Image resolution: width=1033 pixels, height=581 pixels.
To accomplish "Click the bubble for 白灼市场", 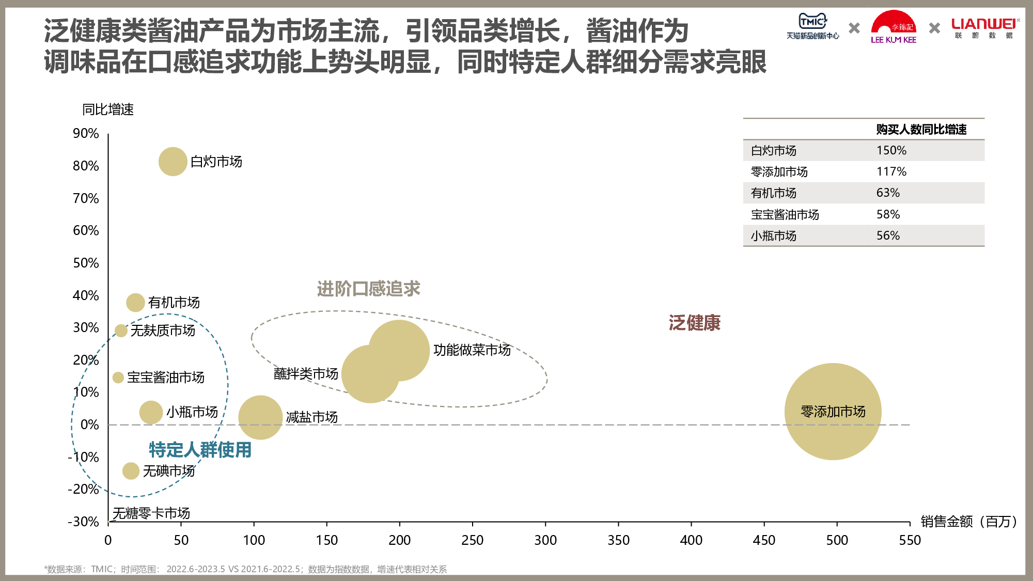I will [173, 162].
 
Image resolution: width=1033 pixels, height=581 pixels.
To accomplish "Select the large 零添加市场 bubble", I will [833, 412].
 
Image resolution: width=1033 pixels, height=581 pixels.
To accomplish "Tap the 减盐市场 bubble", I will [260, 417].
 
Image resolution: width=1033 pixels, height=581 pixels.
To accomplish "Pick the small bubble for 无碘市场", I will [131, 471].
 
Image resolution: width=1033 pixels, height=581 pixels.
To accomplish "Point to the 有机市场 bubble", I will [135, 303].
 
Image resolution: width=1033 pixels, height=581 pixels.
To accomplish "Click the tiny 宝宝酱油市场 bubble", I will [118, 378].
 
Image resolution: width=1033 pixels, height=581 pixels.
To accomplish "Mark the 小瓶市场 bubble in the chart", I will [151, 412].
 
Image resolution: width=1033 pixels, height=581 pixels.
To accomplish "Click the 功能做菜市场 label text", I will [472, 350].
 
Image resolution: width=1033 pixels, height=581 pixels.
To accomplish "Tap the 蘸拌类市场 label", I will [306, 373].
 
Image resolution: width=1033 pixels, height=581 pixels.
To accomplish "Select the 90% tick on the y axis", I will [86, 133].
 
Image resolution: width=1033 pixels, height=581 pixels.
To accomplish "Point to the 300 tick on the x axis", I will [545, 540].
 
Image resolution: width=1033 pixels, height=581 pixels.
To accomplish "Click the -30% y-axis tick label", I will [83, 522].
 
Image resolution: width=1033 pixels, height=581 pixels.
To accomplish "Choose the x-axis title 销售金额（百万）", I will [969, 522].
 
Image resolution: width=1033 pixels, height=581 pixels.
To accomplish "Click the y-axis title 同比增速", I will [108, 109].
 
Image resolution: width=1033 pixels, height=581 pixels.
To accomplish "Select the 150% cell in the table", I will [891, 150].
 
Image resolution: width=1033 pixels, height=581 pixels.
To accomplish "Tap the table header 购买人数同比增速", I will [921, 129].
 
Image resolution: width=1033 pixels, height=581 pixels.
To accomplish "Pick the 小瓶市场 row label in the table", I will [774, 236].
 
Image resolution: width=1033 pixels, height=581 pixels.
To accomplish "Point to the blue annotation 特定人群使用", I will [200, 450].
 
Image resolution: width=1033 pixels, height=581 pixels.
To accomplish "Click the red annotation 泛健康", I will [694, 323].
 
